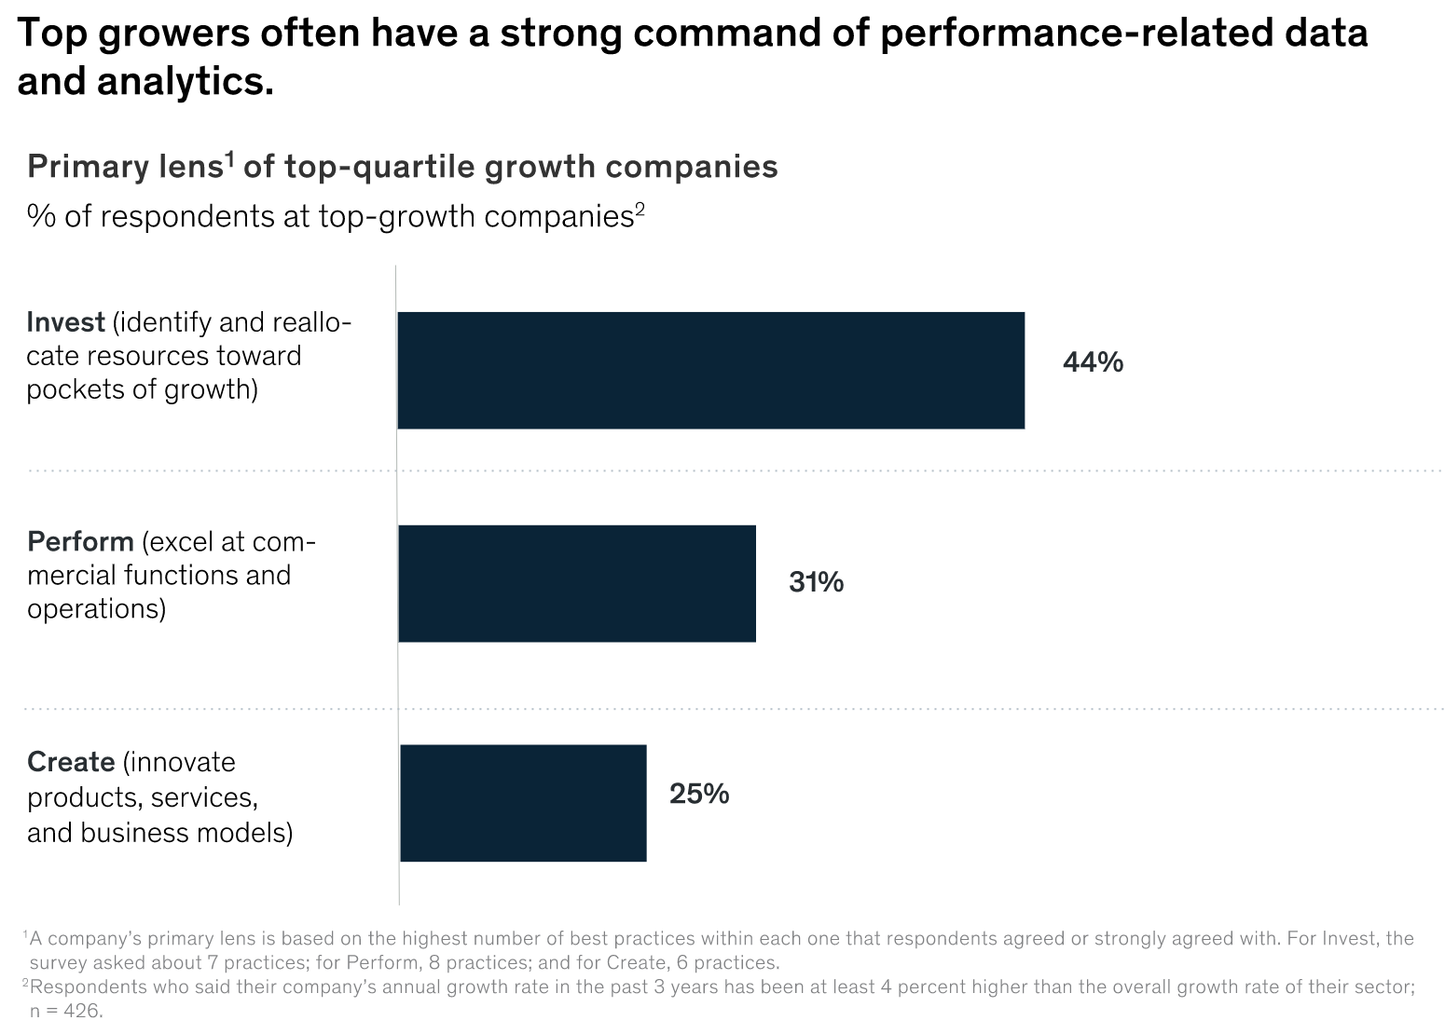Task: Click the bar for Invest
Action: pos(710,370)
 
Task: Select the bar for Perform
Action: pos(576,583)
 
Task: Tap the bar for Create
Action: pos(522,802)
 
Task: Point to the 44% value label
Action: pos(1093,362)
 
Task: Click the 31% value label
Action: pos(816,582)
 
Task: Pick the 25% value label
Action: pos(699,794)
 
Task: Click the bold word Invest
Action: pos(65,322)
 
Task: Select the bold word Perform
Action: pos(80,542)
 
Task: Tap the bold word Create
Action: pos(71,762)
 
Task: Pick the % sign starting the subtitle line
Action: pos(37,216)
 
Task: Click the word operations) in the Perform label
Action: pos(96,609)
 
